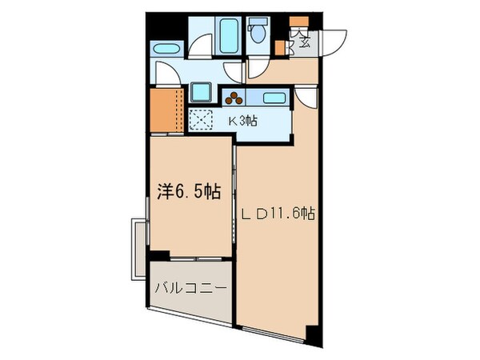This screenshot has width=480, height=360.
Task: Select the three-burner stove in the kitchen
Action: tap(234, 98)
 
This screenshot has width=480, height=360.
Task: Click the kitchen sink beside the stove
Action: tap(274, 98)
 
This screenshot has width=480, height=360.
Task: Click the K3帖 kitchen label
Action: tap(242, 122)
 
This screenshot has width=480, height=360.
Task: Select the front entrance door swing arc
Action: tap(334, 40)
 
